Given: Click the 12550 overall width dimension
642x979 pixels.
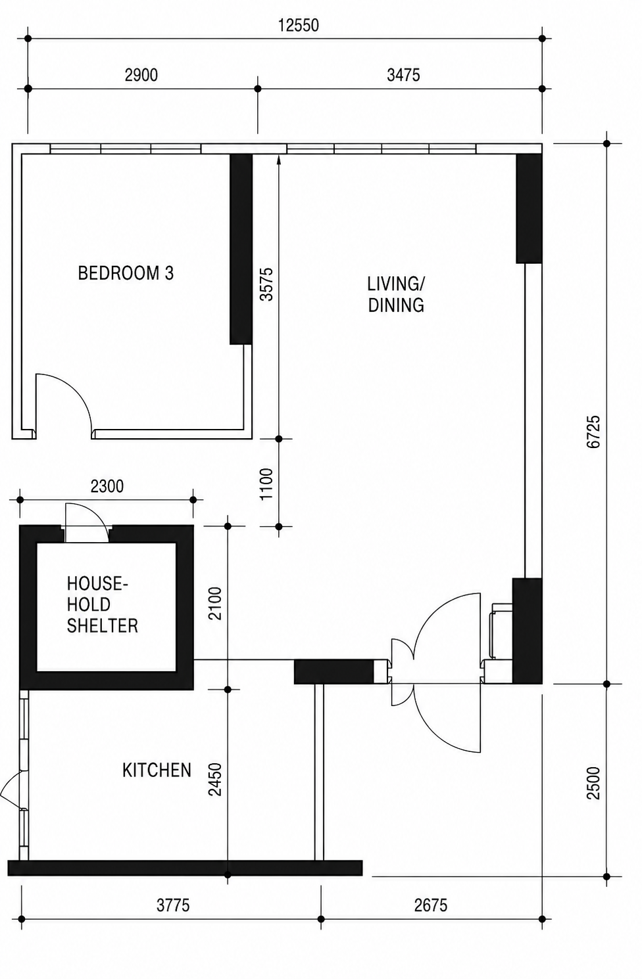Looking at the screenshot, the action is (x=299, y=26).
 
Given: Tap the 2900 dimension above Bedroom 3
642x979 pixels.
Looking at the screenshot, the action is (x=141, y=75).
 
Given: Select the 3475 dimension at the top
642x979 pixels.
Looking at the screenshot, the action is (x=403, y=75).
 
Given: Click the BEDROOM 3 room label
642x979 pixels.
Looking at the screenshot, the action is (x=126, y=273).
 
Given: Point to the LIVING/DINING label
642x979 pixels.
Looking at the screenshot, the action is (x=396, y=295).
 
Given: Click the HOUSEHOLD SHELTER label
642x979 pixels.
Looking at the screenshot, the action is (x=102, y=605).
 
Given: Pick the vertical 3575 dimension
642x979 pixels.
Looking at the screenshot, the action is (x=266, y=284).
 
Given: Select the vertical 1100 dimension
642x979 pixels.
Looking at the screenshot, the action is (x=266, y=484).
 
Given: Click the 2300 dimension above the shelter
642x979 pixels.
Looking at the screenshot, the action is (x=107, y=486).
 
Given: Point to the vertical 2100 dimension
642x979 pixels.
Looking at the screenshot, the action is (x=215, y=603).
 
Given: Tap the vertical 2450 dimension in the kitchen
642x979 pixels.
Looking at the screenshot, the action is (x=215, y=779).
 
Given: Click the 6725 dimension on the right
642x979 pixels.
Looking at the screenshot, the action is (x=593, y=432).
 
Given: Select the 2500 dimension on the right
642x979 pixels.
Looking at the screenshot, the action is (x=593, y=783).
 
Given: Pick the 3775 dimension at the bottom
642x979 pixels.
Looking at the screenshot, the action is (x=173, y=905).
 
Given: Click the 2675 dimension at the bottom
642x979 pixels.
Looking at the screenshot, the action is (x=431, y=905).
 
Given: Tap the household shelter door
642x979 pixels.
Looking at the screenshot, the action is (x=87, y=522).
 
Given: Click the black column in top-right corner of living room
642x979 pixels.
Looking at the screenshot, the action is (x=529, y=209).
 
